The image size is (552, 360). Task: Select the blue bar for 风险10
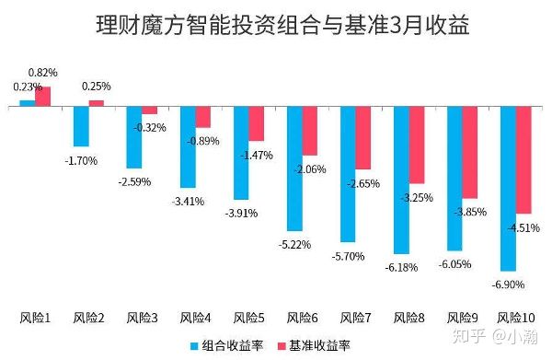click(x=508, y=188)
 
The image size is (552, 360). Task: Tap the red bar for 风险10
click(x=524, y=160)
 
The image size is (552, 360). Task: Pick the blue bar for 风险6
click(x=294, y=168)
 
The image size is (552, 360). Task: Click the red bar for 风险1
click(x=42, y=97)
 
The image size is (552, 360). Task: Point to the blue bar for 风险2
click(x=81, y=126)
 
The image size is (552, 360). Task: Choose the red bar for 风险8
click(x=417, y=145)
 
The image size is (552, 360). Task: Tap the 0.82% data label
click(x=43, y=72)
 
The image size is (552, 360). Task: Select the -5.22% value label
click(x=296, y=244)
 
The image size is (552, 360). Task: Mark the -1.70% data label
click(x=82, y=160)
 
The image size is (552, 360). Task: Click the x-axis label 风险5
click(x=249, y=319)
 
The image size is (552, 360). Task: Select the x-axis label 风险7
click(x=356, y=319)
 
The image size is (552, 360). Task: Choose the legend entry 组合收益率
click(x=230, y=345)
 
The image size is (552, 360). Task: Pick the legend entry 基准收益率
click(x=313, y=345)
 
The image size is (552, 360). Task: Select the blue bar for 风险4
click(x=188, y=145)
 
